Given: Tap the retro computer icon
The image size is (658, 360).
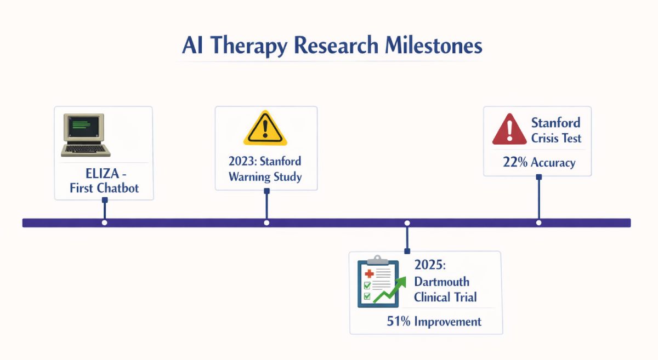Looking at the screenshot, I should pyautogui.click(x=83, y=134).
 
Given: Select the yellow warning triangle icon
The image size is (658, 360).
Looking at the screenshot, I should pyautogui.click(x=265, y=130).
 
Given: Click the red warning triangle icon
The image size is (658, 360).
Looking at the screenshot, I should pyautogui.click(x=509, y=130).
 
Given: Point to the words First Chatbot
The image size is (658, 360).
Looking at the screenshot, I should pyautogui.click(x=104, y=188).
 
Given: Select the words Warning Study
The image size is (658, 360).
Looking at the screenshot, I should pyautogui.click(x=265, y=177).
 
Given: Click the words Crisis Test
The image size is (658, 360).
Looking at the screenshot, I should pyautogui.click(x=556, y=138).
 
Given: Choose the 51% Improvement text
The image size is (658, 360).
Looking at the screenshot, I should pyautogui.click(x=434, y=321).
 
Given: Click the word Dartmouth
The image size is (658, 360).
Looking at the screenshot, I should pyautogui.click(x=441, y=282).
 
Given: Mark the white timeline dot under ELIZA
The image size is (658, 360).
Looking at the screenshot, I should pyautogui.click(x=105, y=222).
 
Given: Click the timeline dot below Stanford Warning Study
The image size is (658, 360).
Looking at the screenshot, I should pyautogui.click(x=266, y=222).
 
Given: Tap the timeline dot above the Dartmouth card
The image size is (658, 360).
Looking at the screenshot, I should pyautogui.click(x=407, y=222).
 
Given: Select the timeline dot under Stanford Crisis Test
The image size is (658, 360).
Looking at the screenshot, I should pyautogui.click(x=538, y=222).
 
